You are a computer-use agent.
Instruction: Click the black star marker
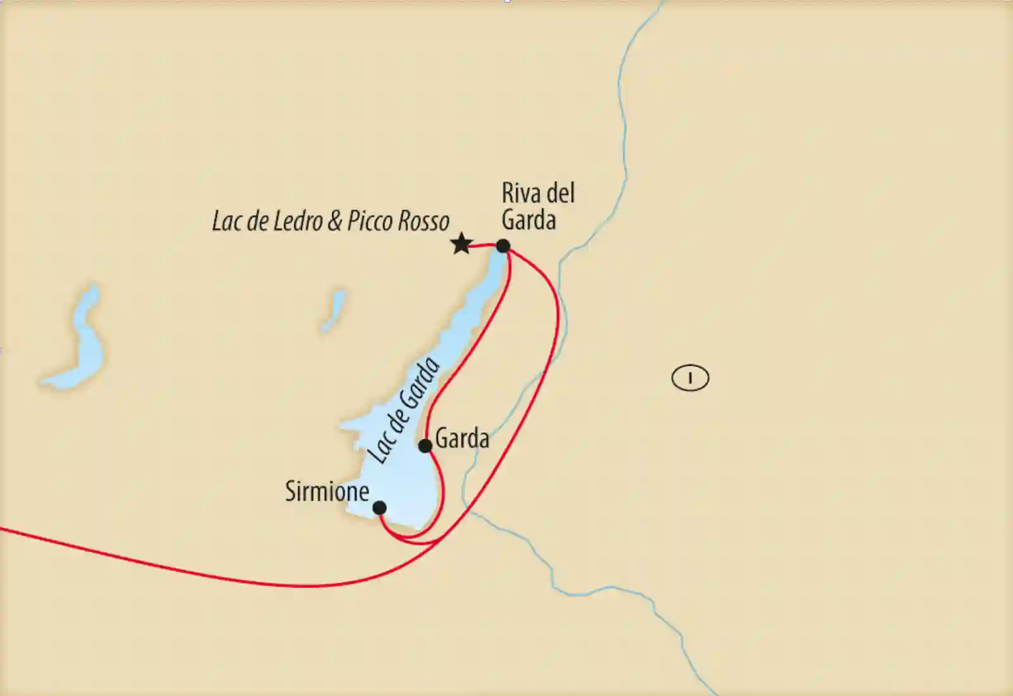tap(462, 244)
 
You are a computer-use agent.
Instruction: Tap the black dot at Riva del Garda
tap(503, 245)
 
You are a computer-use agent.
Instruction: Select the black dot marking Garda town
tap(425, 445)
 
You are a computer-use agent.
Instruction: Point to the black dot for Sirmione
tap(379, 507)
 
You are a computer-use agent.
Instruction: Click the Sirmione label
tap(327, 491)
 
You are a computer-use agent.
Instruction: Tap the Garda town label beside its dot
tap(462, 438)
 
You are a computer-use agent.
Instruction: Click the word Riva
tap(519, 192)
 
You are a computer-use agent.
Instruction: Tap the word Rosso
tap(424, 221)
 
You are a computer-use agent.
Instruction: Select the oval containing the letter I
tap(690, 378)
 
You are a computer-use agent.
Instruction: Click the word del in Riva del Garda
tap(560, 192)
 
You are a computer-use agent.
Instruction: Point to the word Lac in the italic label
tap(225, 221)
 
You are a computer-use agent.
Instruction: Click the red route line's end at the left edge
tap(3, 529)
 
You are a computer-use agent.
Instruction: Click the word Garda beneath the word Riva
tap(529, 220)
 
